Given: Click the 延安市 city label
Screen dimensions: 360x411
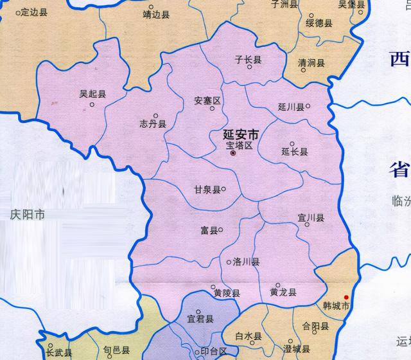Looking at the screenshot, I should (x=240, y=136).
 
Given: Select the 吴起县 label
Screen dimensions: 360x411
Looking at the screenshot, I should (x=92, y=94).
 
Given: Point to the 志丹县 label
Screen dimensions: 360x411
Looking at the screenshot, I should (x=153, y=124).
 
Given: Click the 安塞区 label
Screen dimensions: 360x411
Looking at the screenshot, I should (x=207, y=101).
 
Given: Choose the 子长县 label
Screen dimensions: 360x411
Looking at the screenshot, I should (x=248, y=60).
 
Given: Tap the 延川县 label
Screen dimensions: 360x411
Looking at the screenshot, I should (x=291, y=107).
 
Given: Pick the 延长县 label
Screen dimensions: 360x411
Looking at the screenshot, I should (x=295, y=152).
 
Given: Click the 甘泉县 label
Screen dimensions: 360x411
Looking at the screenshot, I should (x=207, y=190).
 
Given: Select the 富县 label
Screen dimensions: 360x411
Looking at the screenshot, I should (x=207, y=230).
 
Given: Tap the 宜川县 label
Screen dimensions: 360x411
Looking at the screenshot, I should (x=311, y=218).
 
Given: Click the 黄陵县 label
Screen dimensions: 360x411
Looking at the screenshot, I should (x=227, y=293).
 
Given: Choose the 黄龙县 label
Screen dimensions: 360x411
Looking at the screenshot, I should (x=283, y=292).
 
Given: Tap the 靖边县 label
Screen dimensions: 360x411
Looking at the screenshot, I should (x=156, y=13).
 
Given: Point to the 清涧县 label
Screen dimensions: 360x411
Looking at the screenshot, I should (x=311, y=63).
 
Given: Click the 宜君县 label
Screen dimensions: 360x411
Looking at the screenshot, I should (x=200, y=318).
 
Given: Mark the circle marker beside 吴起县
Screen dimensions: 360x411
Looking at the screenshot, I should (x=92, y=105).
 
